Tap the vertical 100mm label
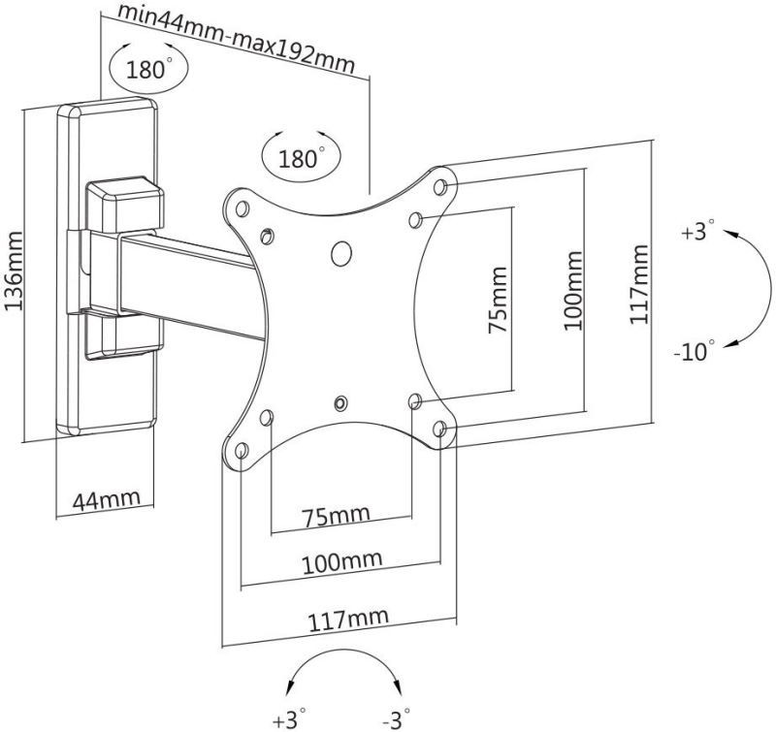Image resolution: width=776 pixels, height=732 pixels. pos(572,292)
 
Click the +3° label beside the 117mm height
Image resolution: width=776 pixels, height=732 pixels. pos(695,232)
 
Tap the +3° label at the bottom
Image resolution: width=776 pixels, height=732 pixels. pos(290,718)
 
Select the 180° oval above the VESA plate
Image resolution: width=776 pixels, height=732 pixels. pos(300,157)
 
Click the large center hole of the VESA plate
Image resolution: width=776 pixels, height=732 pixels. pos(342,252)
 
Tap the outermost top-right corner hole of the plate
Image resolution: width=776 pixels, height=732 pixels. pos(441,184)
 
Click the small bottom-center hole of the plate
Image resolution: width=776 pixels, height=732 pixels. pos(340,401)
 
